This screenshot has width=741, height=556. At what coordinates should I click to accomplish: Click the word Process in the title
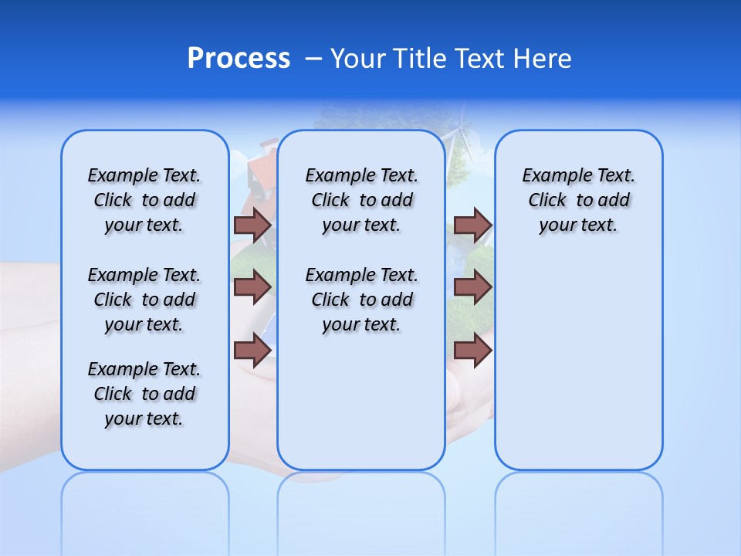click(x=239, y=59)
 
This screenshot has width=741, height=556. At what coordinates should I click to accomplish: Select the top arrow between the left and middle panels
click(x=252, y=225)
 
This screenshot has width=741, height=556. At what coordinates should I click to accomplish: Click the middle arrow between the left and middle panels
click(x=252, y=287)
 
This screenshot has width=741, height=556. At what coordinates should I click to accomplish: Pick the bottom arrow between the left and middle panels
click(x=252, y=351)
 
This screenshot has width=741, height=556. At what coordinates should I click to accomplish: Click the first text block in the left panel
click(x=144, y=200)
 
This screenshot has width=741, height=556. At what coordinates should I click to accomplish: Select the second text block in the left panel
click(x=144, y=300)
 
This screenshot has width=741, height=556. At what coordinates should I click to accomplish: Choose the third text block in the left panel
click(x=144, y=394)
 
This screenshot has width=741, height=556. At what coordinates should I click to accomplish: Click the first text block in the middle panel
click(x=361, y=200)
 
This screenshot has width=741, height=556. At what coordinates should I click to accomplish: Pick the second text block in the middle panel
click(x=361, y=300)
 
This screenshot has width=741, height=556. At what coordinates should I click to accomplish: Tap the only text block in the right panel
click(x=578, y=200)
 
